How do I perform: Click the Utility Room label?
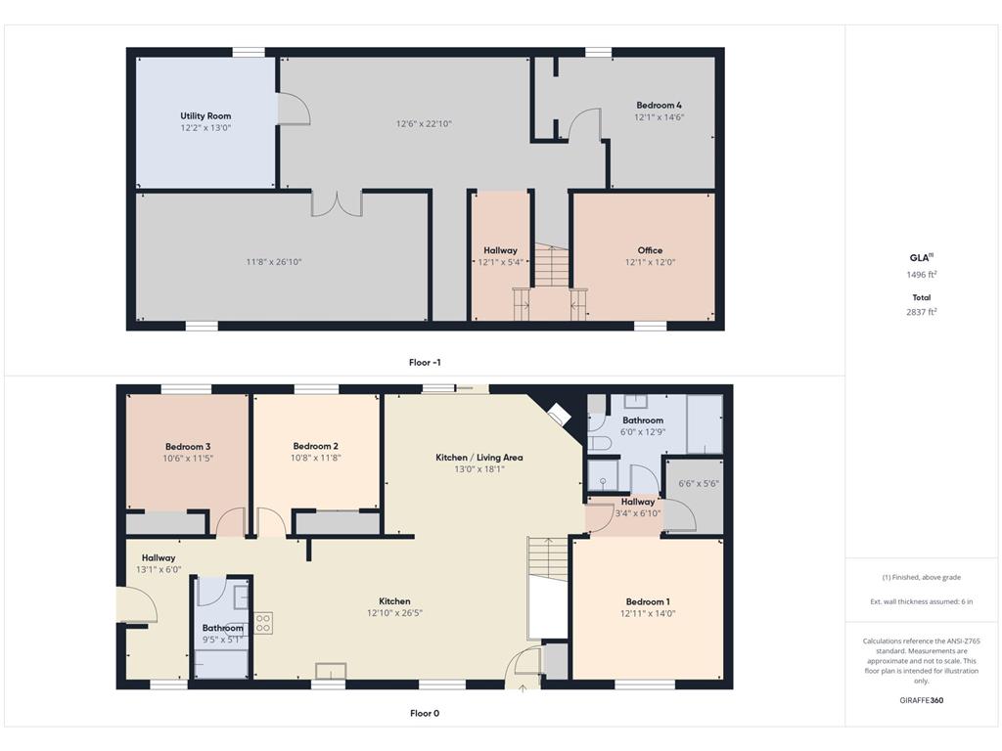tap(205, 115)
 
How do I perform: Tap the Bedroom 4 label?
tap(659, 105)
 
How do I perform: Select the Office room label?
tap(650, 250)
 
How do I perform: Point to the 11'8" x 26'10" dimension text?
tap(274, 262)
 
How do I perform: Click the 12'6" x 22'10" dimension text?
tap(424, 124)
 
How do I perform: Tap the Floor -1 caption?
tap(425, 362)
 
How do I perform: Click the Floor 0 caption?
tap(425, 713)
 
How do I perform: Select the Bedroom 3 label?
tap(188, 446)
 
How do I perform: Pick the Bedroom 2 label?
tap(316, 446)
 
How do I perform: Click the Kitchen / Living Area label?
tap(479, 458)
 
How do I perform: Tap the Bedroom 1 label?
tap(648, 601)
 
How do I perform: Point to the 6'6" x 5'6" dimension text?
tap(699, 483)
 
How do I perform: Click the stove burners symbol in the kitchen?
tap(263, 623)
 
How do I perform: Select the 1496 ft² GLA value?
tap(922, 275)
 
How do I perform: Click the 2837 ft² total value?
tap(922, 312)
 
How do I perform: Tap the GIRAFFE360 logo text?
tap(922, 700)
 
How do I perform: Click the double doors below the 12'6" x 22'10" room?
tap(337, 203)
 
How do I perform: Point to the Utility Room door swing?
tap(294, 108)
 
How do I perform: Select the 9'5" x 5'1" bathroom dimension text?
tap(222, 640)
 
